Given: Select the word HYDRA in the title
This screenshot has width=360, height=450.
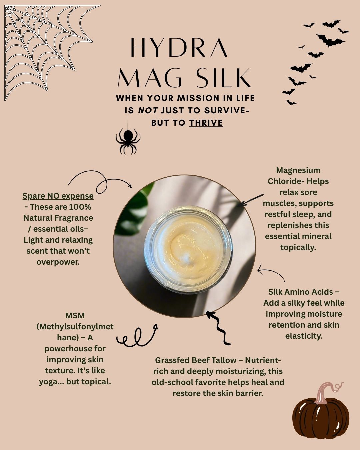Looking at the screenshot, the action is (179, 47).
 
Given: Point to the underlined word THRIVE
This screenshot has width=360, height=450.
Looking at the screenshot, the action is (206, 123).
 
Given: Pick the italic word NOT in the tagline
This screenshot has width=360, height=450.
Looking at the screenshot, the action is (148, 110).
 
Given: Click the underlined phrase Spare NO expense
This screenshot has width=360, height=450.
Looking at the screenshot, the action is (58, 196).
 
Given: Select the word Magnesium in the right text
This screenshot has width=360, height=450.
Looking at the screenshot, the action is (298, 170).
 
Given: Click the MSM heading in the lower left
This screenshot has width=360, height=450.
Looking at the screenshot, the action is (75, 316).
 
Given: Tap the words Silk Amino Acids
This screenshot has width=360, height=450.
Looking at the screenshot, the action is (300, 292).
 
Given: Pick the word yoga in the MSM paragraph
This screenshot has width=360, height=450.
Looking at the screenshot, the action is (49, 382).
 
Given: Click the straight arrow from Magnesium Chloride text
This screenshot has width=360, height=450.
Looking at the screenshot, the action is (251, 200).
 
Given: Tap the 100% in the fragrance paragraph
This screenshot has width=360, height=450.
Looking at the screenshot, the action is (80, 207).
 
